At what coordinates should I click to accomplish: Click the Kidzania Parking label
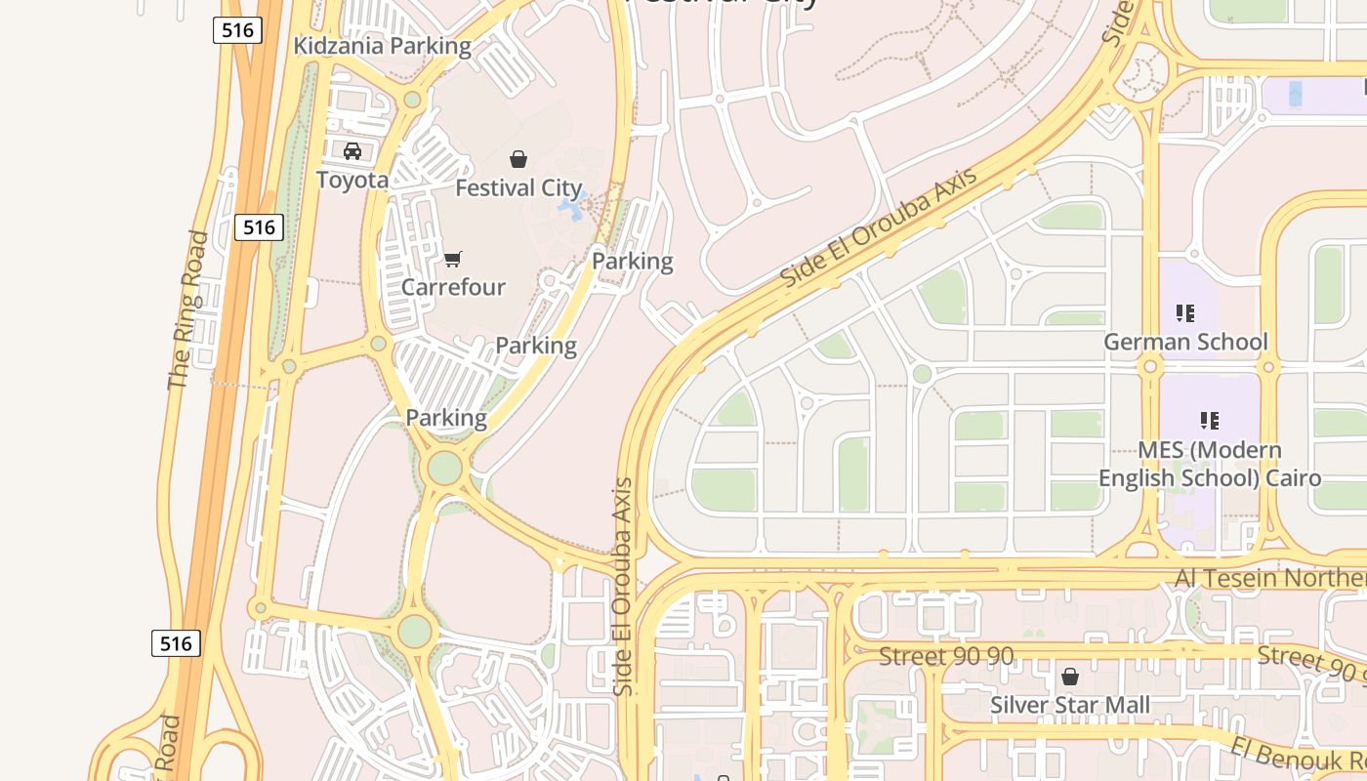click(383, 46)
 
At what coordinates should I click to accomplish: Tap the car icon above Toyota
click(352, 151)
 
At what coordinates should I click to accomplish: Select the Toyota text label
click(352, 180)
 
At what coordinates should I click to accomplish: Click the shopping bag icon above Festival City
click(518, 158)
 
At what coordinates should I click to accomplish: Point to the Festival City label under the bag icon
click(518, 187)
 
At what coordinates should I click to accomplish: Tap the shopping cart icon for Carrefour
click(452, 259)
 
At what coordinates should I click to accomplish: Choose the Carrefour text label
click(453, 287)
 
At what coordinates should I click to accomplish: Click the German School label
click(1185, 342)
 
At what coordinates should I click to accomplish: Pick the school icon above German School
click(1184, 313)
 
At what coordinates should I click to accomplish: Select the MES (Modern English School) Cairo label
click(1210, 465)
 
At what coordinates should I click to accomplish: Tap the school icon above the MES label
click(1210, 421)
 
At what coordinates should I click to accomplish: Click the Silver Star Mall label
click(1070, 705)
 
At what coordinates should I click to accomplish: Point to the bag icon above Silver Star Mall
click(1070, 677)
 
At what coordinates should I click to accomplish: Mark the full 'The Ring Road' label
click(189, 310)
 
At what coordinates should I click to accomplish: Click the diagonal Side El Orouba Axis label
click(879, 227)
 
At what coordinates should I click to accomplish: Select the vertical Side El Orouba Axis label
click(624, 586)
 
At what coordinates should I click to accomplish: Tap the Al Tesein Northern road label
click(1269, 578)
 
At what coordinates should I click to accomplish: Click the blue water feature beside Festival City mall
click(572, 206)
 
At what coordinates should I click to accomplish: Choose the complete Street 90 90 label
click(946, 656)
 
